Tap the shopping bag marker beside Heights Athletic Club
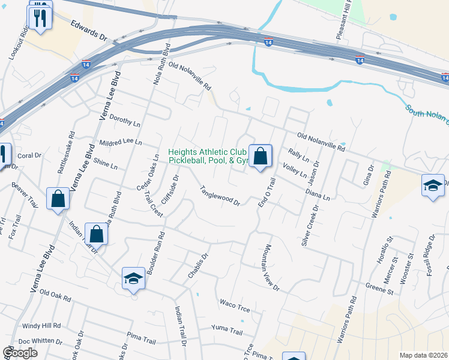[x=261, y=157]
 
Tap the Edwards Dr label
[x=88, y=31]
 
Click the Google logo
[x=20, y=353]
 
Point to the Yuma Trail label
[x=227, y=331]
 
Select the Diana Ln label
[x=318, y=195]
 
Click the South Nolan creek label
[x=427, y=117]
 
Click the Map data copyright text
[x=424, y=355]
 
